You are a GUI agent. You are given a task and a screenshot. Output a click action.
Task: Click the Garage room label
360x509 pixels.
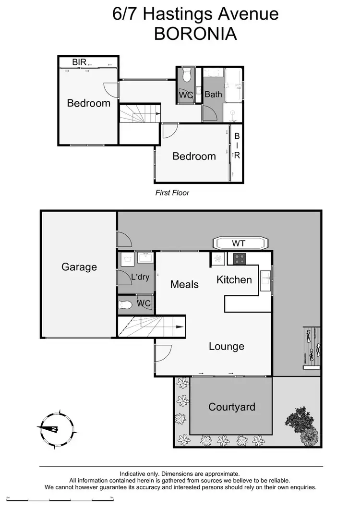[x=79, y=267]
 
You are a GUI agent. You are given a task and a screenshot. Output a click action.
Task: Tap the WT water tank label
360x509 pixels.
[x=239, y=243]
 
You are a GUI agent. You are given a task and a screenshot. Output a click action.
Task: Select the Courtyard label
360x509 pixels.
[x=231, y=407]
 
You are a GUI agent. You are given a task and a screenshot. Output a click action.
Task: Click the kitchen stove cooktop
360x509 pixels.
[x=240, y=259]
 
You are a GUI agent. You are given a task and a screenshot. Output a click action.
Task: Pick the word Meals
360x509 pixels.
[x=184, y=284]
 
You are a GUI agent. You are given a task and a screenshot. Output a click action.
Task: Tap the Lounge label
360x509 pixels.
[x=226, y=346]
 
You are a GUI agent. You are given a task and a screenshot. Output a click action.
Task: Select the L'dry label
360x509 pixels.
[x=141, y=277]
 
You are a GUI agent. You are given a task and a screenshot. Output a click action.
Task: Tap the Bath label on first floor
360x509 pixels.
[x=213, y=94]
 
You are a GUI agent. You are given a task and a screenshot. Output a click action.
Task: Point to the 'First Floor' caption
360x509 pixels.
[x=172, y=193]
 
